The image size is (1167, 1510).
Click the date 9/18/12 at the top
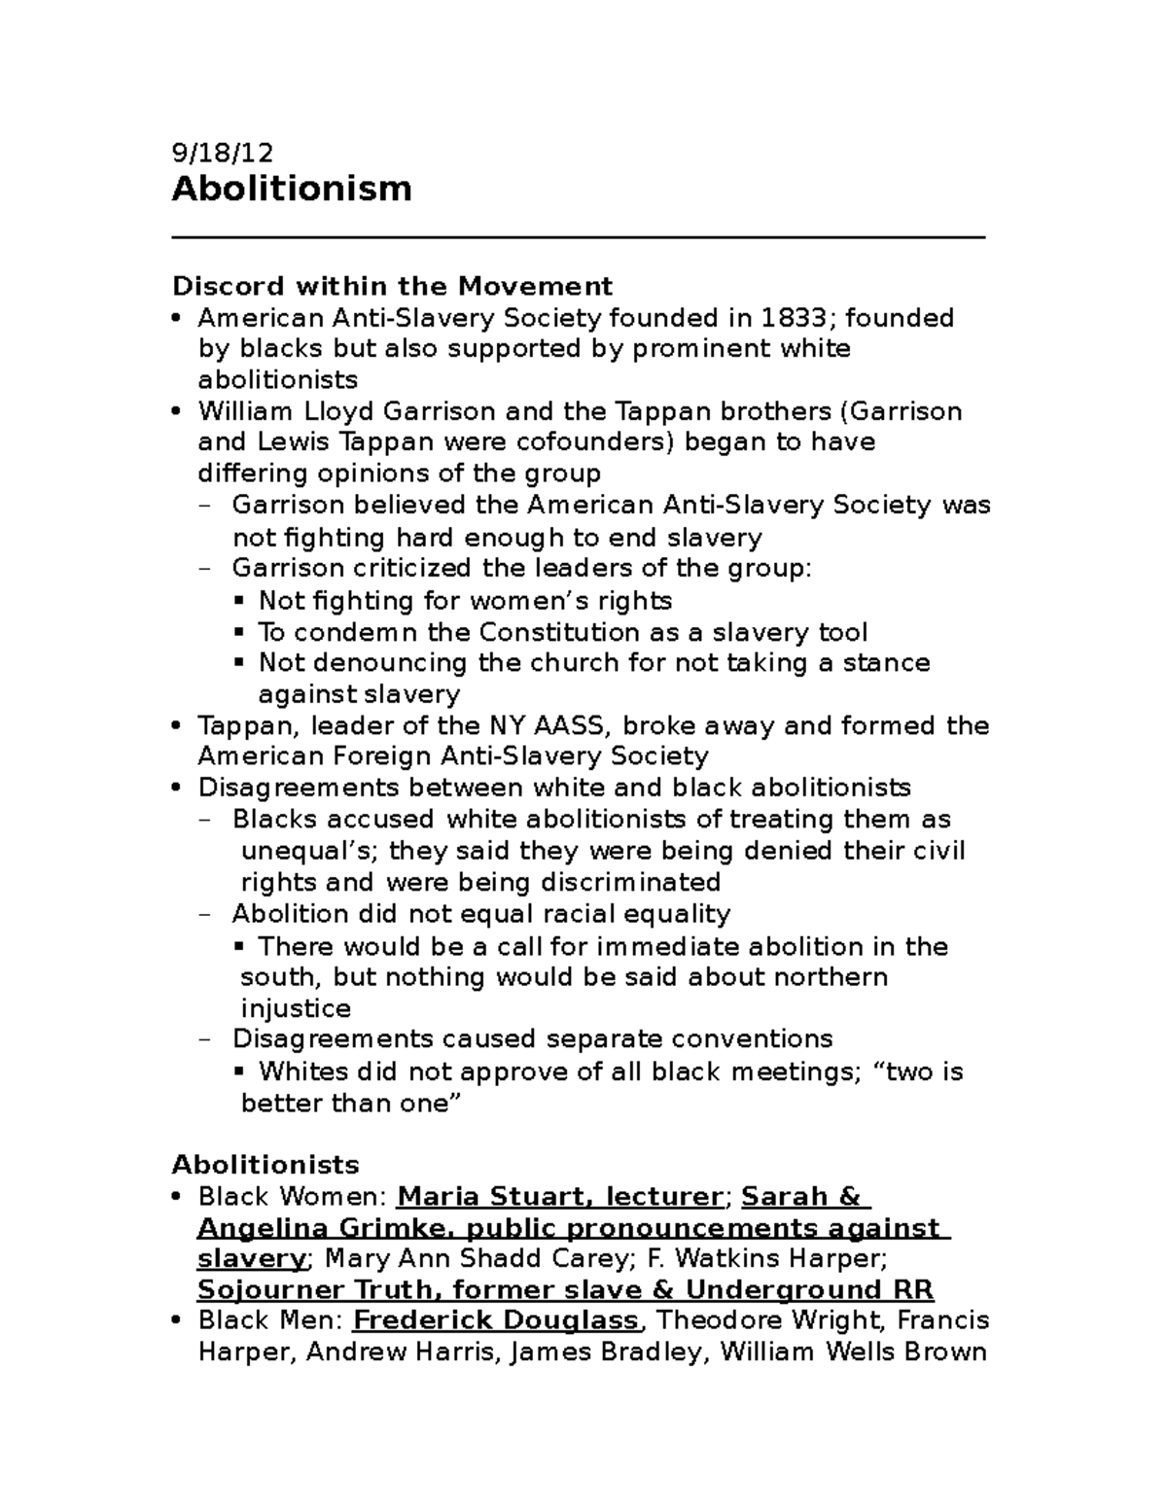222,153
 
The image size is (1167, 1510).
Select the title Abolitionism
292,188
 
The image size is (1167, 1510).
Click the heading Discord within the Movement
392,286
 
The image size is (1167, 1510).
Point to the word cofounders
587,442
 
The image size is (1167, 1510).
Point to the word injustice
295,1007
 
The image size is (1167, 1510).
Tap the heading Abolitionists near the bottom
265,1164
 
